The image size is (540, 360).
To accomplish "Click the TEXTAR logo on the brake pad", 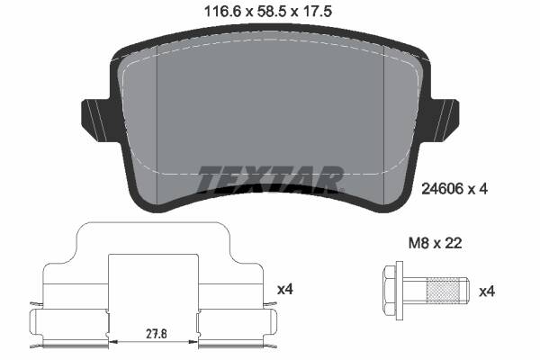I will (x=270, y=179).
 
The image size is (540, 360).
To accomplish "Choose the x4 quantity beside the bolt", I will (x=487, y=291).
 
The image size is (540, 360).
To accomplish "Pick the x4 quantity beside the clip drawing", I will (x=285, y=289).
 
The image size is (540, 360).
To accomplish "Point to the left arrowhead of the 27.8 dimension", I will (x=112, y=342).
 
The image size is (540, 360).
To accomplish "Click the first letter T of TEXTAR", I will (x=208, y=179).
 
